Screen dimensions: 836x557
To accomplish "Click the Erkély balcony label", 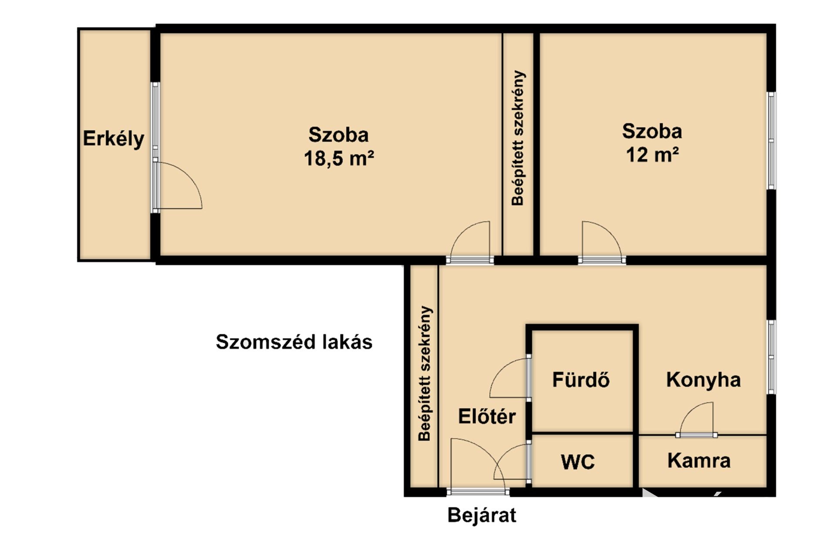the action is pos(114,139).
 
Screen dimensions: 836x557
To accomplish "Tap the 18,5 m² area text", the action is pos(339,158).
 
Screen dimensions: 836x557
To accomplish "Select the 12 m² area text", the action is pos(652,154).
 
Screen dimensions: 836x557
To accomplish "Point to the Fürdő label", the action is pos(581,379).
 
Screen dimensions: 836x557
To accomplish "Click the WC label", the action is pos(578,462).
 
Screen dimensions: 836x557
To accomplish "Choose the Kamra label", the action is pos(699,460).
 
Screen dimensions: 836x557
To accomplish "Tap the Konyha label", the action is pos(704,379).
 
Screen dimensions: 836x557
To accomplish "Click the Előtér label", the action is pos(487,416).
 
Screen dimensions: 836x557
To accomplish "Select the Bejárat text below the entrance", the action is pos(482,515).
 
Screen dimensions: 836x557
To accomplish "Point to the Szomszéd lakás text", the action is pos(294,342).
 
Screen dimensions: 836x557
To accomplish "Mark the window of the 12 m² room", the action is pos(771,141).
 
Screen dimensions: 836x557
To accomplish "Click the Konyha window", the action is pos(771,357).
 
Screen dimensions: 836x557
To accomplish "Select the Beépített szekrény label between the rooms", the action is pos(518,138).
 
